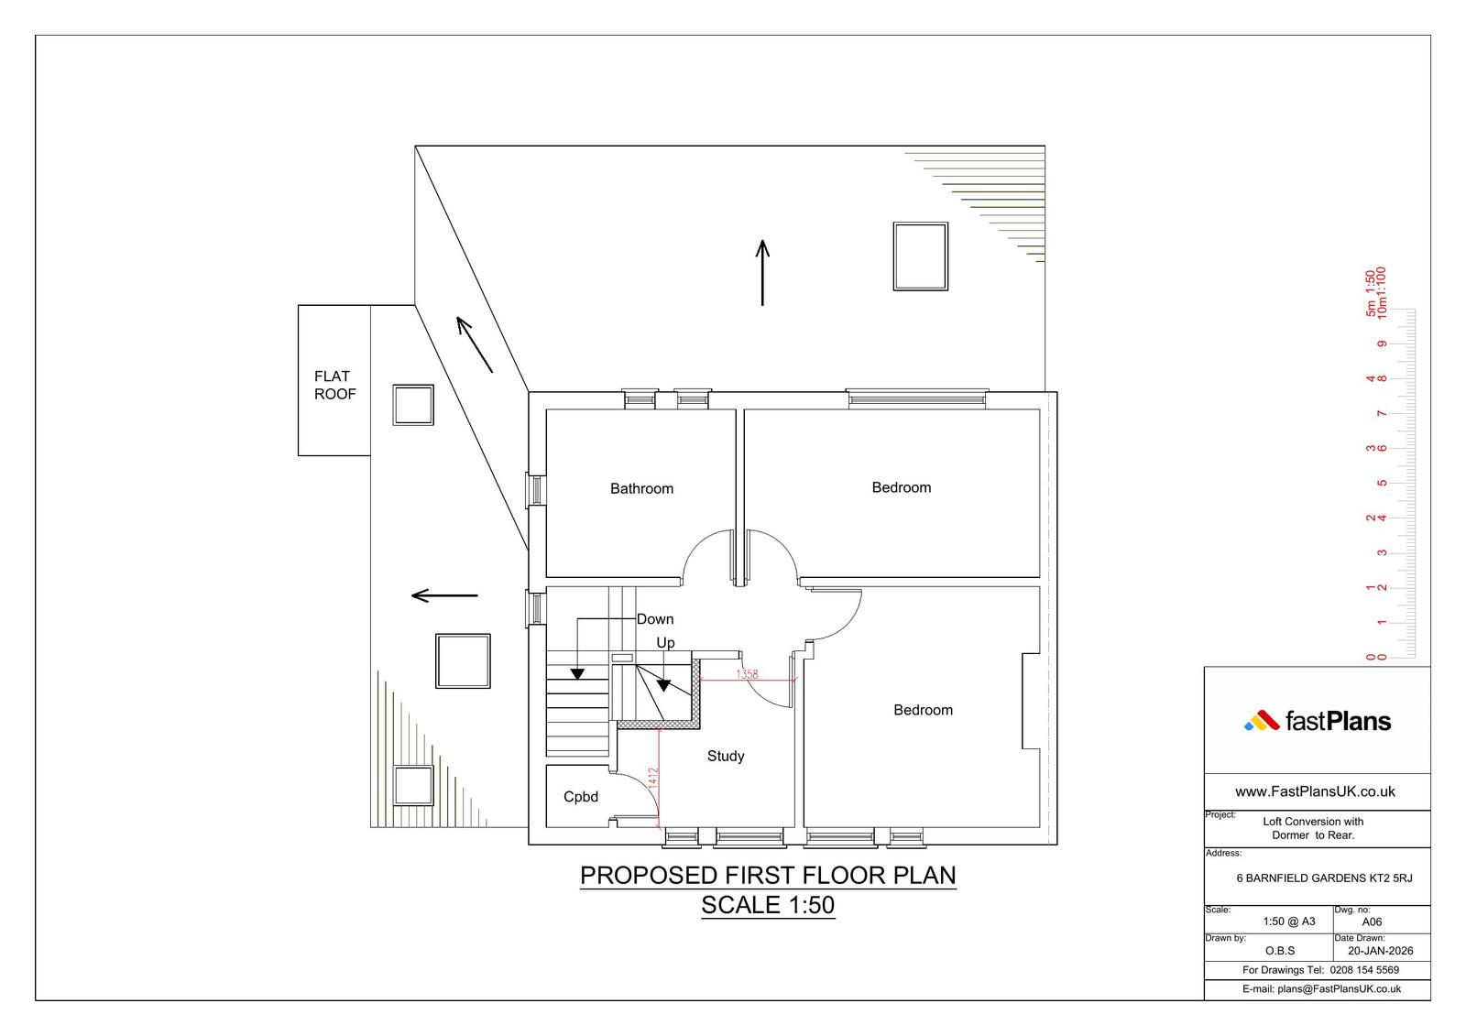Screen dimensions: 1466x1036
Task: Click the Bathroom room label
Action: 641,488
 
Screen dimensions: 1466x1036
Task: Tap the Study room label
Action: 725,756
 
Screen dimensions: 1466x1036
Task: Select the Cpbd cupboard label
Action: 581,797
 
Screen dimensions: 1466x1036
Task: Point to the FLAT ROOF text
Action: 335,385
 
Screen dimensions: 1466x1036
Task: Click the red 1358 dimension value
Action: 747,674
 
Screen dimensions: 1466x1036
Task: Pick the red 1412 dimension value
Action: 652,778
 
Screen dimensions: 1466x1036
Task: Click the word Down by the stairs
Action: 654,619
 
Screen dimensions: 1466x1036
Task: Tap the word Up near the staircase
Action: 665,643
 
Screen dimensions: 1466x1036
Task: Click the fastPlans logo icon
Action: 1261,721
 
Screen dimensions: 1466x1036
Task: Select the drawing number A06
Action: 1372,921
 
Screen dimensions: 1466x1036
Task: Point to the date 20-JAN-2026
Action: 1380,950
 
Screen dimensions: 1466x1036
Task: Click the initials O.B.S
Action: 1279,950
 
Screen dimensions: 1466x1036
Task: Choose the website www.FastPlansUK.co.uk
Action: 1315,791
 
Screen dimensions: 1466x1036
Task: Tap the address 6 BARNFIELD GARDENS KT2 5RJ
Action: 1324,878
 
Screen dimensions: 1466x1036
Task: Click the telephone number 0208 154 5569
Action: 1364,970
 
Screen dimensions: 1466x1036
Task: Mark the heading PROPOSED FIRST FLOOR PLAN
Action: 768,875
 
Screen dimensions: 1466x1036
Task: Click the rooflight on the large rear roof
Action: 920,256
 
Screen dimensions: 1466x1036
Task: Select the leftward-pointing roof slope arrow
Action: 444,595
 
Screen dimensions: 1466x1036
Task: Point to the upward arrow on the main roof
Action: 762,272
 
